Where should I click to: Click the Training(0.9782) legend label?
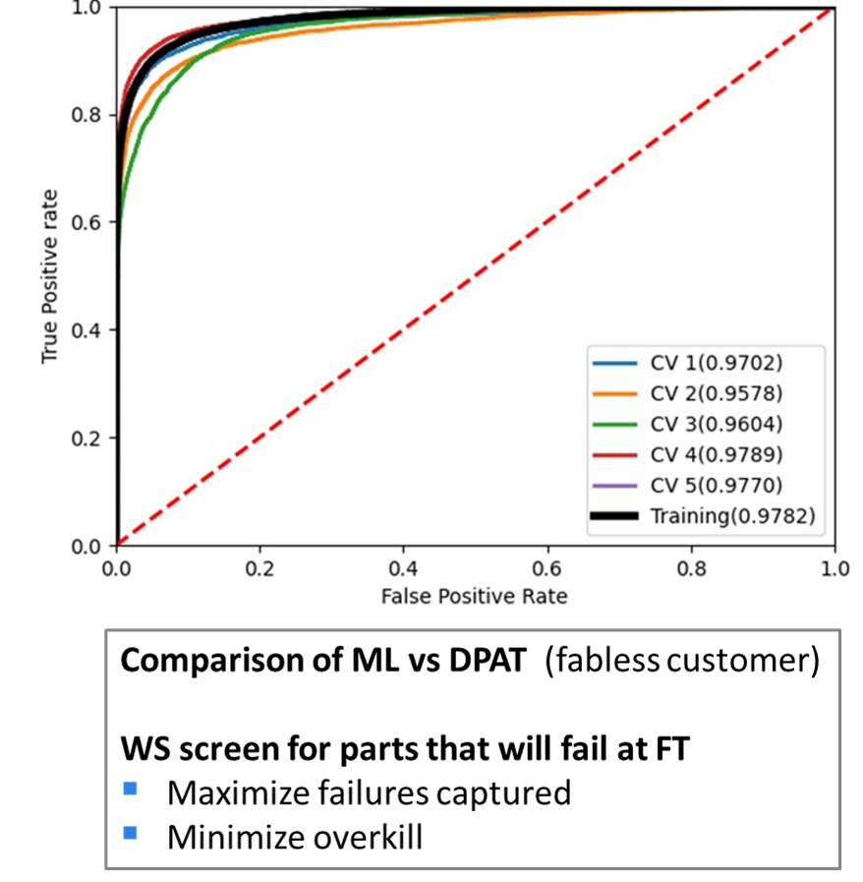(x=732, y=515)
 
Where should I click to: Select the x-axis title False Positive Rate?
(x=476, y=596)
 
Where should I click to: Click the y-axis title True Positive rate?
(x=50, y=277)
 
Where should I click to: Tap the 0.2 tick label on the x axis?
(x=260, y=567)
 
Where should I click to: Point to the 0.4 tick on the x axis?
(x=404, y=567)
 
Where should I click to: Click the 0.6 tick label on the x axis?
(x=547, y=567)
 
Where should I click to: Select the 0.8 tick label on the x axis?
(x=691, y=567)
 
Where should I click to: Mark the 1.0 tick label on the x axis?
(x=834, y=567)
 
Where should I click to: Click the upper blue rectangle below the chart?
(x=145, y=793)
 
